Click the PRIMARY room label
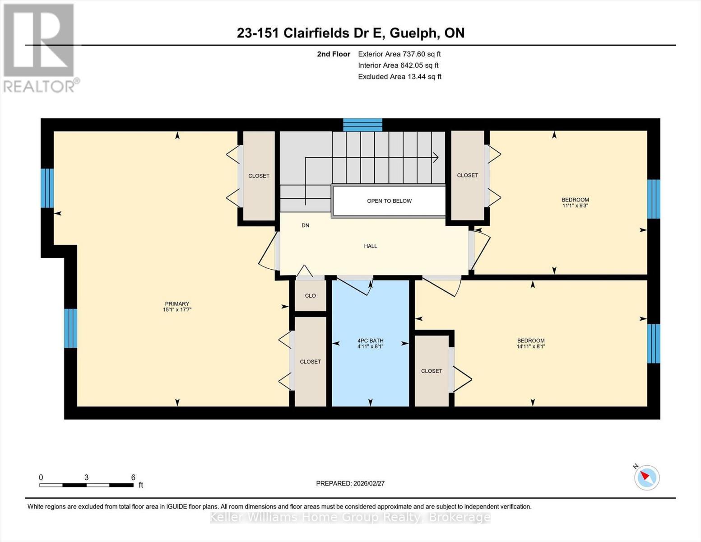point(177,304)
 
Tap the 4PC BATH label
point(370,341)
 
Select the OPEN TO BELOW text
point(390,201)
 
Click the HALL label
point(370,246)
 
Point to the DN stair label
point(305,225)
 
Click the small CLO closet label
point(311,296)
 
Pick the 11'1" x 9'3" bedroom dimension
point(575,206)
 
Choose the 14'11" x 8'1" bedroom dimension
point(531,346)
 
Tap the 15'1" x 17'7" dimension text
point(177,309)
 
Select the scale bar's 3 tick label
point(86,477)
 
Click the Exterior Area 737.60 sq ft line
point(399,54)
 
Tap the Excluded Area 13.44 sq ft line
point(399,76)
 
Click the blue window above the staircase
point(362,125)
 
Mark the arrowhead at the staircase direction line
point(436,158)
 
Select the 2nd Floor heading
point(334,54)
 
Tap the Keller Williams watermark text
point(350,518)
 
